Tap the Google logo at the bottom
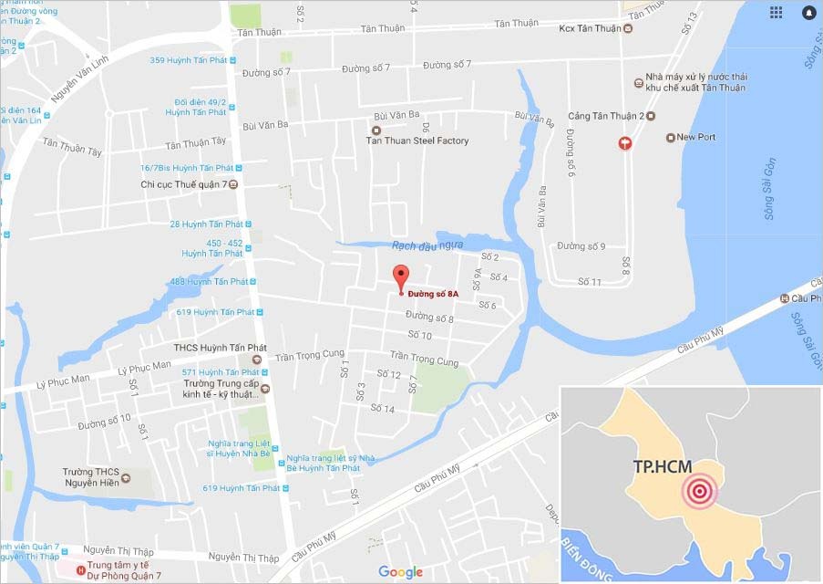click(x=400, y=572)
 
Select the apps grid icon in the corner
click(x=776, y=12)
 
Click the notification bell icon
click(x=808, y=13)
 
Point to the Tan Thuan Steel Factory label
click(x=417, y=141)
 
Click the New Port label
click(x=695, y=137)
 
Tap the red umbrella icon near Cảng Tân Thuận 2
click(x=624, y=142)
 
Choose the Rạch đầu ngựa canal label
click(x=427, y=245)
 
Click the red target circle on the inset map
click(x=699, y=491)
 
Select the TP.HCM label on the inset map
click(x=662, y=466)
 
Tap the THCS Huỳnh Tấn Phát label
click(x=216, y=347)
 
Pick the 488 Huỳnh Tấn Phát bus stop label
click(x=209, y=281)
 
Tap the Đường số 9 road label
click(x=581, y=246)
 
